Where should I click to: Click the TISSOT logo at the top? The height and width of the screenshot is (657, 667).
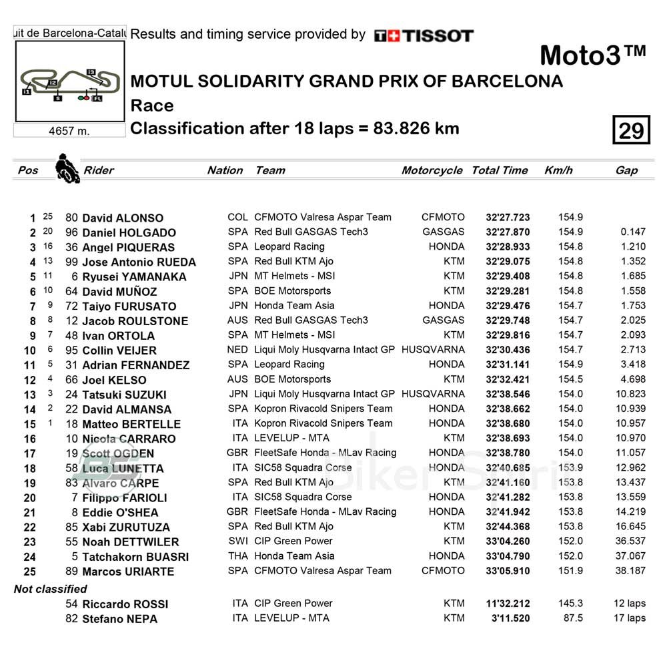424,36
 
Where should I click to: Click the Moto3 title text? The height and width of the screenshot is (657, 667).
592,55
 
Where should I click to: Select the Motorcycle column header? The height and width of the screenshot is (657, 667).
432,170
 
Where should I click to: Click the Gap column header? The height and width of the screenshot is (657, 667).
626,170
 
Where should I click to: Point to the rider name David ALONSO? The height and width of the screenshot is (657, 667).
122,218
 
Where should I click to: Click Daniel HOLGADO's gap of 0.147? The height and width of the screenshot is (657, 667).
632,232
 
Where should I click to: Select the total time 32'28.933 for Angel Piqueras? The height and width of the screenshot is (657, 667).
508,246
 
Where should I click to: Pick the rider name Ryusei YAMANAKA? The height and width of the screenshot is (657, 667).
134,276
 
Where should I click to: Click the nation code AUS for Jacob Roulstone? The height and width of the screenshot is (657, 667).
237,320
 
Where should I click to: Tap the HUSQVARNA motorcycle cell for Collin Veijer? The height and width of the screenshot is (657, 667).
433,349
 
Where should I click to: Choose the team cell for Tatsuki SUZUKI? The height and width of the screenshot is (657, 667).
324,394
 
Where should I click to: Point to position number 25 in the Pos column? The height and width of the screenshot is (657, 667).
30,572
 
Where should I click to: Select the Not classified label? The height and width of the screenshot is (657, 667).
50,589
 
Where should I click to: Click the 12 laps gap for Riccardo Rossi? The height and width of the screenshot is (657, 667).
629,603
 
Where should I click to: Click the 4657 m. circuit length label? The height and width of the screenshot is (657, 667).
69,131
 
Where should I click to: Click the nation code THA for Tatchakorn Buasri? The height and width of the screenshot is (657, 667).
237,556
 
